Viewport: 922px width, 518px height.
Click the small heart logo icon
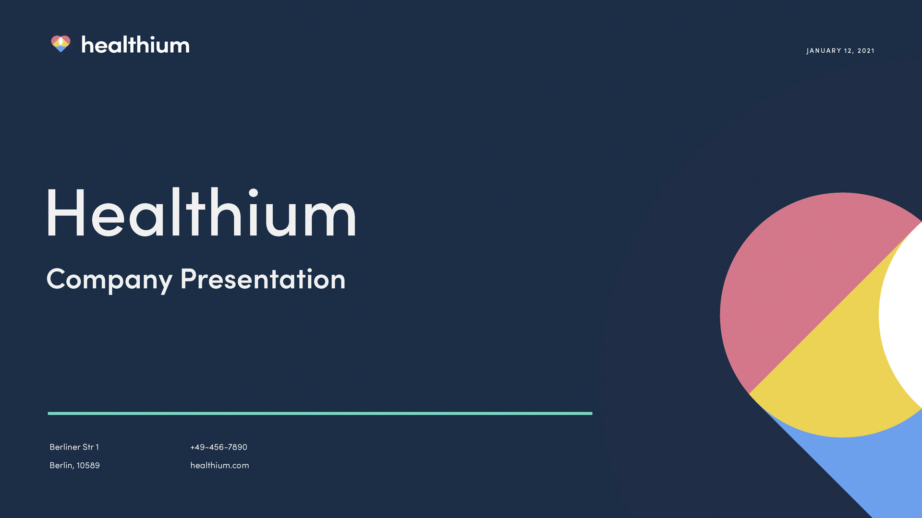(x=61, y=44)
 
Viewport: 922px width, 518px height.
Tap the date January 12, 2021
(x=840, y=51)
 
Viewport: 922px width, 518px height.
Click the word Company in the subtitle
(x=109, y=280)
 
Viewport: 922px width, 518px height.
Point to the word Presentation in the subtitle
(x=263, y=279)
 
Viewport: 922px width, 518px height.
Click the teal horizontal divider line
(x=320, y=413)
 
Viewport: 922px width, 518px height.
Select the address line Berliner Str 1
(x=74, y=447)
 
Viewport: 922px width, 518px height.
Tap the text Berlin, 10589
(x=74, y=465)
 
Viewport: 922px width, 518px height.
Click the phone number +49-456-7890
(x=218, y=447)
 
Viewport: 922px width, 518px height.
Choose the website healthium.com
(x=219, y=465)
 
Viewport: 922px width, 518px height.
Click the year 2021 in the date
(x=866, y=51)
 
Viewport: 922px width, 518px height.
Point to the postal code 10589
(x=88, y=465)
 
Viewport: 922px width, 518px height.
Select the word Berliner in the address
(x=65, y=447)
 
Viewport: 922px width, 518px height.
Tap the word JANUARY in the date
(x=824, y=51)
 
